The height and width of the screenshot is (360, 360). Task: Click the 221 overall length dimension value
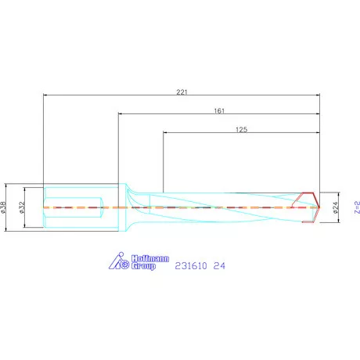coord(182,92)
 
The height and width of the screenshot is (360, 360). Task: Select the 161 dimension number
coord(220,111)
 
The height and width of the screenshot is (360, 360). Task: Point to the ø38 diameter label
coord(5,207)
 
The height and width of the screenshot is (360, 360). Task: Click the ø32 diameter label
coord(22,207)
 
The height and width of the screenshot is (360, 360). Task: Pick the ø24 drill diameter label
coord(335,207)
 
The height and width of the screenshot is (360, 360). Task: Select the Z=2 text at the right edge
coord(355,207)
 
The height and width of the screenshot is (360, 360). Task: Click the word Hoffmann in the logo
coord(143,257)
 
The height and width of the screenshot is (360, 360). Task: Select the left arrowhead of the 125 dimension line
coord(166,133)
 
